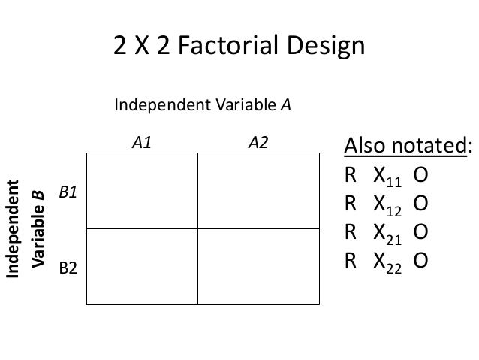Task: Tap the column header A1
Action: click(142, 143)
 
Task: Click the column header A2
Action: click(258, 143)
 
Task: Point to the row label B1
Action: click(69, 193)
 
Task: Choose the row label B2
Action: click(69, 267)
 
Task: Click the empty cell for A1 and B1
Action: click(142, 191)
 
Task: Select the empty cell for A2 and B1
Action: click(258, 191)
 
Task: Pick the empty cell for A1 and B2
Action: click(142, 266)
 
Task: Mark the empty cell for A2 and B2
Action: click(258, 266)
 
